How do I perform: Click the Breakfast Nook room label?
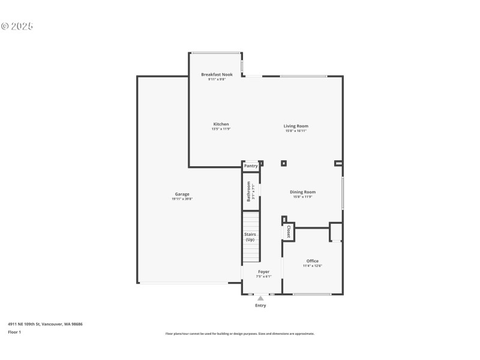[217, 74]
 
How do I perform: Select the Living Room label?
[296, 126]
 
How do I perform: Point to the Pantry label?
[251, 166]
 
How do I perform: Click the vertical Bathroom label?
[248, 191]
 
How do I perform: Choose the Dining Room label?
[303, 192]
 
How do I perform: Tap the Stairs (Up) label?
[250, 236]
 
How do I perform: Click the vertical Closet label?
[289, 232]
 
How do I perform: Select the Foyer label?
[264, 272]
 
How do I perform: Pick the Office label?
[313, 261]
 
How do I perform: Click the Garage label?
[182, 194]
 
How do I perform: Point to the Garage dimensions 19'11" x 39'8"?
[182, 199]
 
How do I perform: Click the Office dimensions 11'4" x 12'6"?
[313, 266]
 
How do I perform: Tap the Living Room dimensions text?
[296, 131]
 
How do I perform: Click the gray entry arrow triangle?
[260, 298]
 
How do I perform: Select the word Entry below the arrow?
[260, 305]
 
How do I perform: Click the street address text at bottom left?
[45, 324]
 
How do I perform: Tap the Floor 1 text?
[14, 332]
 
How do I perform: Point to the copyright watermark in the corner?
[17, 26]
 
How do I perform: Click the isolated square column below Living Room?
[284, 163]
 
